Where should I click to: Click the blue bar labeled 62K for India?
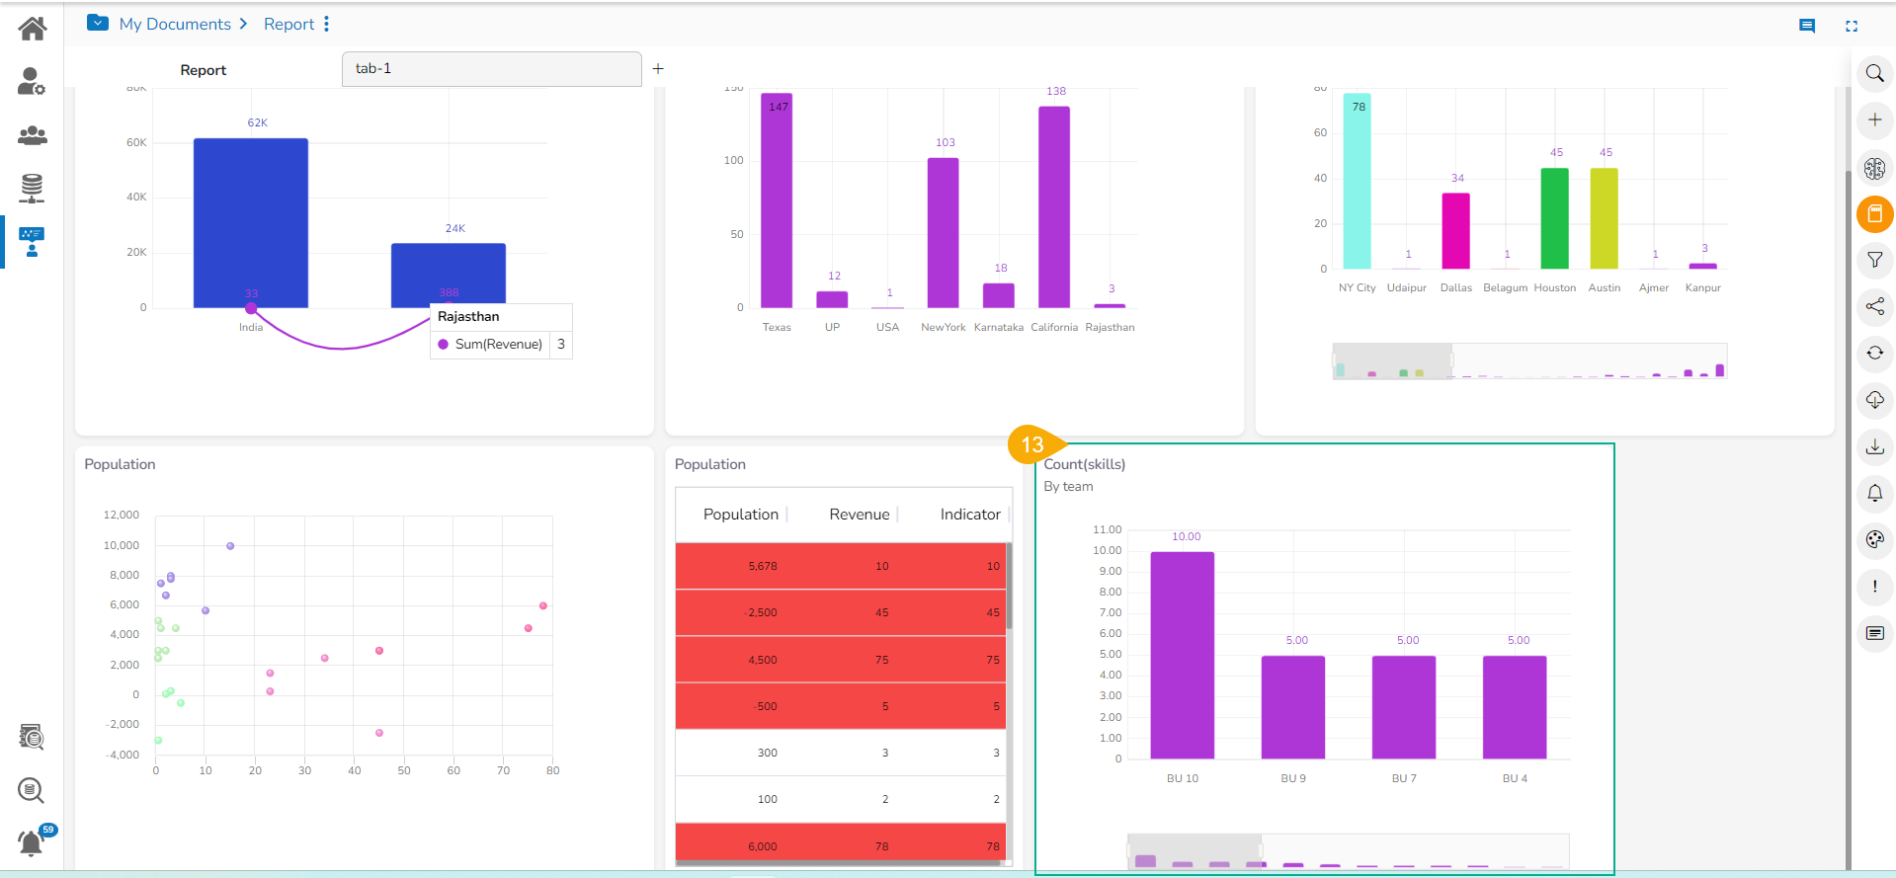[250, 222]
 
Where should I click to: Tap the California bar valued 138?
[1054, 206]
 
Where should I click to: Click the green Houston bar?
[1554, 218]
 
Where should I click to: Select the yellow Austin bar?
[1604, 218]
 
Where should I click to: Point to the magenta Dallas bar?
[1455, 231]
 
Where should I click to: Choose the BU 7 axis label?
[1404, 778]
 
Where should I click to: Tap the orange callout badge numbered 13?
[1032, 444]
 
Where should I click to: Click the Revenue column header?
[859, 515]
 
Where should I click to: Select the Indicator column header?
[969, 515]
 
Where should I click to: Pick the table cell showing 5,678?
[762, 566]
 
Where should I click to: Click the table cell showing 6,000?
[762, 846]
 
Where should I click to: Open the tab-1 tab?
[491, 69]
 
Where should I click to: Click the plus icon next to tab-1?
[658, 69]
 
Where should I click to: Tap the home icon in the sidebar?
[32, 29]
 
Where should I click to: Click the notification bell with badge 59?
[32, 842]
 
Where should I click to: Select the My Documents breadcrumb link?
[175, 24]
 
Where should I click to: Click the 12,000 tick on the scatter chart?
[122, 515]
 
